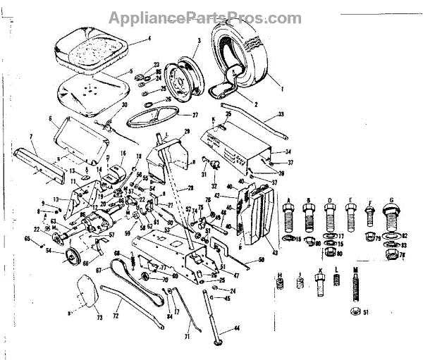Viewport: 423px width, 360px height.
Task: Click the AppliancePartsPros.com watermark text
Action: tap(211, 18)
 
